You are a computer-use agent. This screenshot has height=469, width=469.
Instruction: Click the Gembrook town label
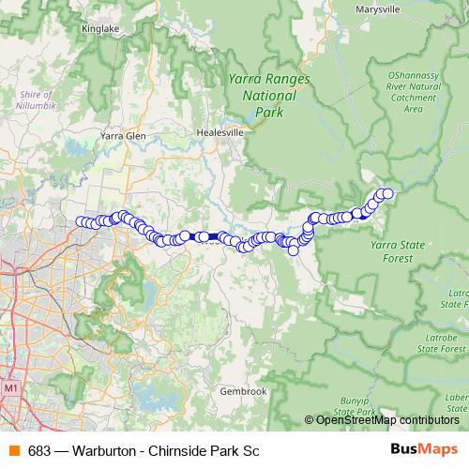[242, 391]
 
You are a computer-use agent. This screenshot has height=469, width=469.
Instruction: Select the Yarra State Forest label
[398, 250]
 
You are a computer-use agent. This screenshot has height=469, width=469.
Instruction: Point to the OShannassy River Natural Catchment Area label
[413, 90]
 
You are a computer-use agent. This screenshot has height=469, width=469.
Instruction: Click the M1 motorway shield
[11, 386]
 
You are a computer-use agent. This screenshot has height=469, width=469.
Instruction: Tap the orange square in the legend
[14, 449]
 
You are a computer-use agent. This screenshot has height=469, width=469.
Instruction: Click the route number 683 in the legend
[39, 449]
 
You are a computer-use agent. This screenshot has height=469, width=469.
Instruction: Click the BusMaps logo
[425, 449]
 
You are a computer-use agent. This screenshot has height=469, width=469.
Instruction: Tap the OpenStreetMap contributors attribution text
[387, 419]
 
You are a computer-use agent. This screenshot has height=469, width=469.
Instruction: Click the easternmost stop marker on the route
[387, 193]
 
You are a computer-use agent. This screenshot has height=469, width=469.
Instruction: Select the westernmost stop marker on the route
[81, 221]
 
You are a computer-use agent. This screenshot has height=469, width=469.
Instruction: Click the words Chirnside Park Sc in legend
[204, 449]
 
